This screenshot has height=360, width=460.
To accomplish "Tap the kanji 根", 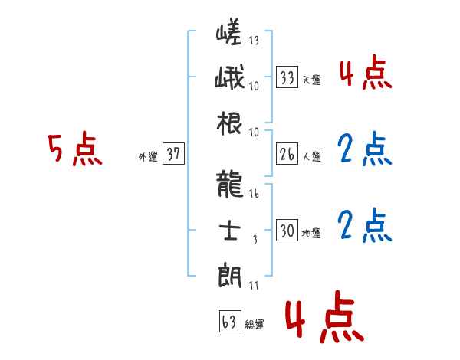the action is [x=231, y=123].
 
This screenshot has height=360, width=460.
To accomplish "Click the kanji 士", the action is [x=231, y=231].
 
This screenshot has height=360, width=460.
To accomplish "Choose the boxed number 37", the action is [x=173, y=154].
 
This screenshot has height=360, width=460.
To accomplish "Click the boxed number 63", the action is [x=228, y=321].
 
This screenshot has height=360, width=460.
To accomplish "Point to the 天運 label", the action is [x=311, y=80].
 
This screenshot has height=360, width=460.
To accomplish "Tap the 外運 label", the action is [x=147, y=156].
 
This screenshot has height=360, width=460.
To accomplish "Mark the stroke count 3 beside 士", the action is [x=254, y=239].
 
